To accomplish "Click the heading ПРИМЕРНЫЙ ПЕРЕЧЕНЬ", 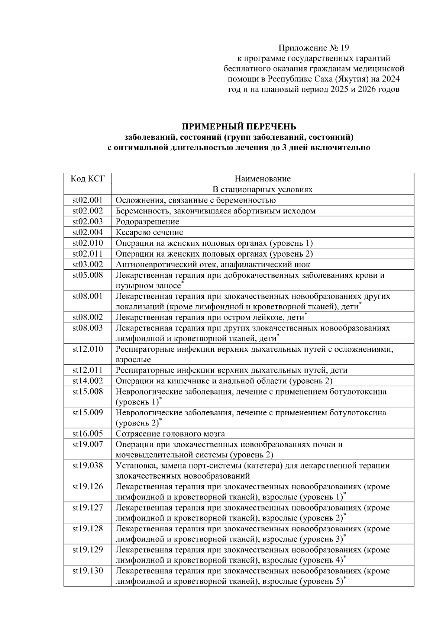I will pos(238,127).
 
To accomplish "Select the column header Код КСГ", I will pos(88,179).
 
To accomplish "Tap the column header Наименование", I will pos(263,179).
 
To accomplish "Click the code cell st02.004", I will pos(88,232).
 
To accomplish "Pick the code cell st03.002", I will pos(88,264).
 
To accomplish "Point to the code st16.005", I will pos(88,434).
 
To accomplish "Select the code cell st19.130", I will pos(88,570).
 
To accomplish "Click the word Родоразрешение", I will pos(148,222).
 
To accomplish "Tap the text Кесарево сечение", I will pos(149,232).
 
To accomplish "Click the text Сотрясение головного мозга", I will pos(170,434).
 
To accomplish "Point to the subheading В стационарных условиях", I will pos(263,190).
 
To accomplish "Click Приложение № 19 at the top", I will pos(314,48).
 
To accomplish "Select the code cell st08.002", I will pos(88,317).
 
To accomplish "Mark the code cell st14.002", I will pos(88,381).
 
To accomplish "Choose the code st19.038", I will pos(88,465).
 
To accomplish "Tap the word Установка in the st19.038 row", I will pos(134,465).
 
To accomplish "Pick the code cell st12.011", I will pos(88,370).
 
